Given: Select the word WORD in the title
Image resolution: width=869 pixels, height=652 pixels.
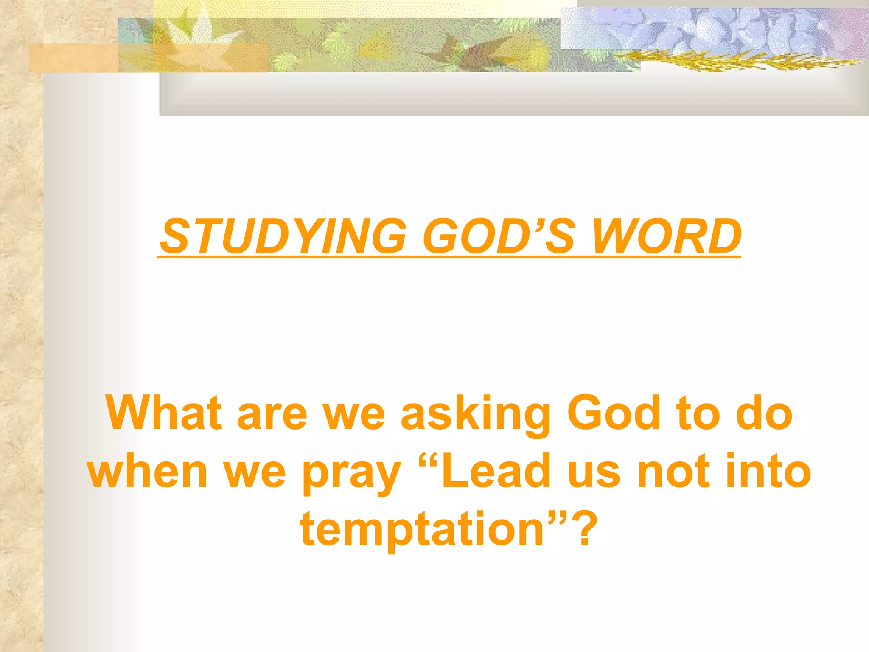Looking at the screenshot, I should [x=666, y=236].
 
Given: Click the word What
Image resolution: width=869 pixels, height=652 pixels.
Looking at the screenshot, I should [x=164, y=413].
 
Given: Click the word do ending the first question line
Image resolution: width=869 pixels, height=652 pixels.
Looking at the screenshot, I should [x=764, y=413].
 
